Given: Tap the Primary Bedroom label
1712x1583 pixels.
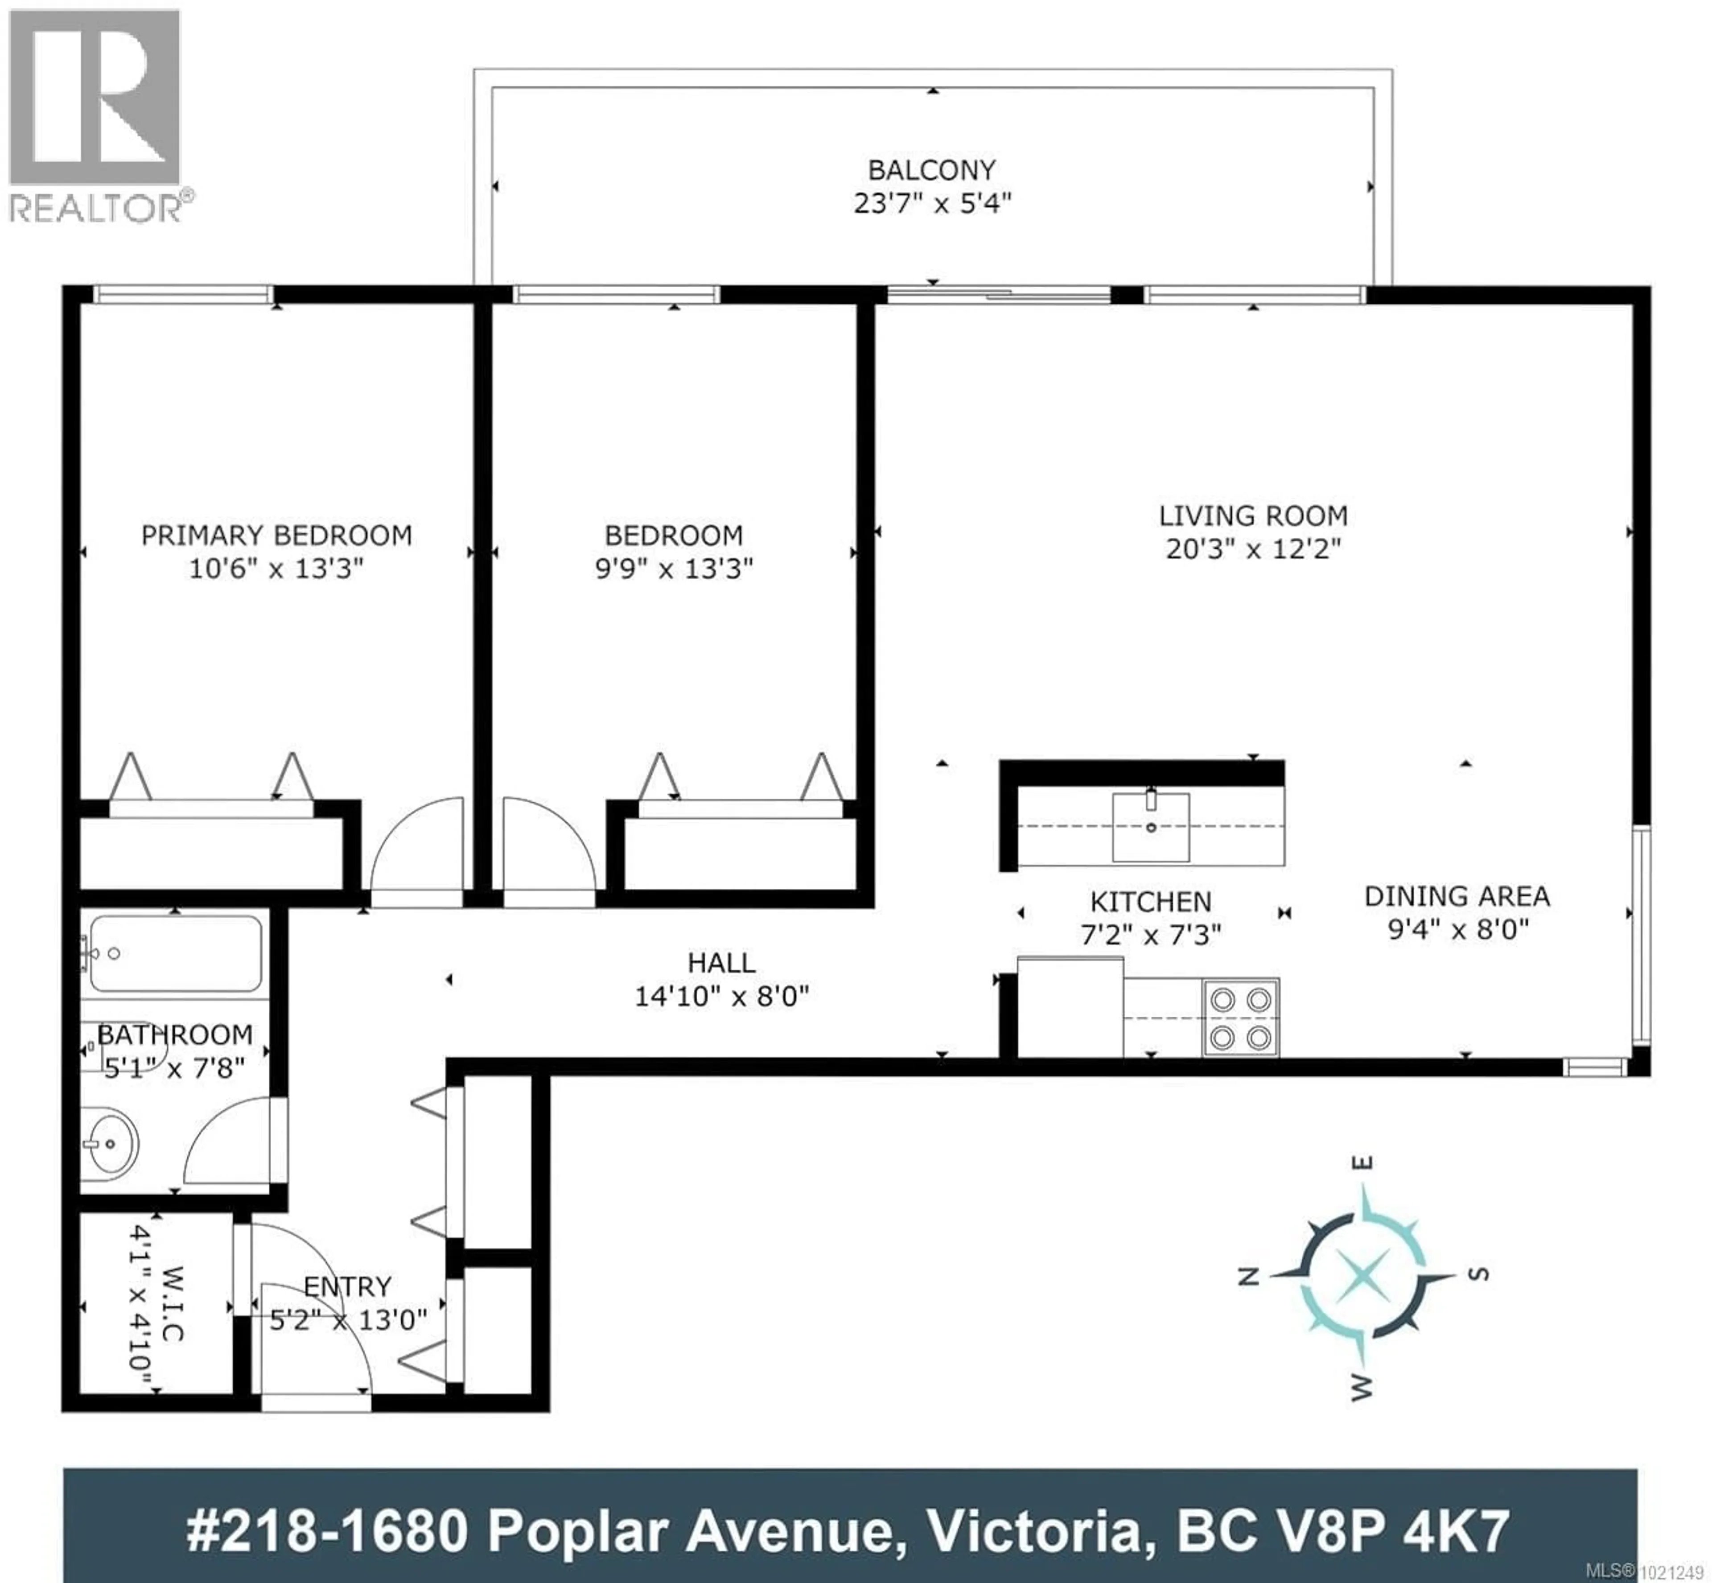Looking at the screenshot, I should [276, 536].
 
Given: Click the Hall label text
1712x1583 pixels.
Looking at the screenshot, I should [721, 963].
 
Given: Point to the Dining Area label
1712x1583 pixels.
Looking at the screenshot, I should [1457, 896].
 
